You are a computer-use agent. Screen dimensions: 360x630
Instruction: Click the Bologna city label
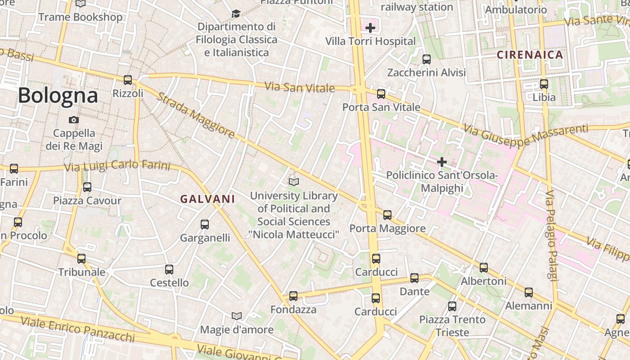(x=58, y=95)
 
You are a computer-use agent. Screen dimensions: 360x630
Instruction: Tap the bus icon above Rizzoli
(x=128, y=80)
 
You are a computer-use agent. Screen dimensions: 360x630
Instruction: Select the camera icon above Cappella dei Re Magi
(x=74, y=120)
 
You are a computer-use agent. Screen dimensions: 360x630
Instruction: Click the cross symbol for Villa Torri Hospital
(x=370, y=28)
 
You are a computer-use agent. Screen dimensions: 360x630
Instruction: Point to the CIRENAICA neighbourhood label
(x=530, y=55)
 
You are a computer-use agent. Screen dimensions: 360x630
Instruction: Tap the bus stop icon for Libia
(x=544, y=84)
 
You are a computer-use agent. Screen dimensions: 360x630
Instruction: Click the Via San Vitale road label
(x=299, y=87)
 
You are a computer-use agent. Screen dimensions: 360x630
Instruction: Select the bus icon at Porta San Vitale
(x=381, y=94)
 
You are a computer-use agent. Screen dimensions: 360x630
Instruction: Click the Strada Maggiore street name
(x=196, y=115)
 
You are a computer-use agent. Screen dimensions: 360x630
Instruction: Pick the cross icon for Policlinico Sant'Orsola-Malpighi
(x=442, y=162)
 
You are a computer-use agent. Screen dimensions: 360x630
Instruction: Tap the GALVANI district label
(x=208, y=199)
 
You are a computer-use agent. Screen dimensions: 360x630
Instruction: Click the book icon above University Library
(x=294, y=182)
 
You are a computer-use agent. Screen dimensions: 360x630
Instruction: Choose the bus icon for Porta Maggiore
(x=387, y=215)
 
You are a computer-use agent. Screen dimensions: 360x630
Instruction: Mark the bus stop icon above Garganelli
(x=205, y=225)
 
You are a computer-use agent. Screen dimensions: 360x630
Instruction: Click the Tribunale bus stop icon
(x=81, y=259)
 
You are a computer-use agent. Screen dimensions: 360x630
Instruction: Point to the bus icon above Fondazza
(x=293, y=296)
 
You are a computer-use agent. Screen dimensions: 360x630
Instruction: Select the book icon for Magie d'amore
(x=237, y=316)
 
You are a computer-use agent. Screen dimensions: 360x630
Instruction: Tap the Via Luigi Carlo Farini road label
(x=117, y=166)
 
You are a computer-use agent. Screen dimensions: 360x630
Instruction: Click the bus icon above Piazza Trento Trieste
(x=452, y=306)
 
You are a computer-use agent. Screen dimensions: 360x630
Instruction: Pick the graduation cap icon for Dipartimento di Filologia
(x=236, y=14)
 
